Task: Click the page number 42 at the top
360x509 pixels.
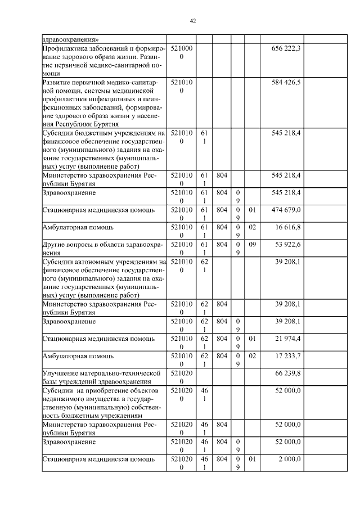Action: (x=193, y=21)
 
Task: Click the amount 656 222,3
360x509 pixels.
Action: (x=286, y=49)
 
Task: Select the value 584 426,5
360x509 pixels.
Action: (x=286, y=82)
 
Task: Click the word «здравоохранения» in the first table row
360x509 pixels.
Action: (x=71, y=39)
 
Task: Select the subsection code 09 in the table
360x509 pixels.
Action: (x=253, y=245)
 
